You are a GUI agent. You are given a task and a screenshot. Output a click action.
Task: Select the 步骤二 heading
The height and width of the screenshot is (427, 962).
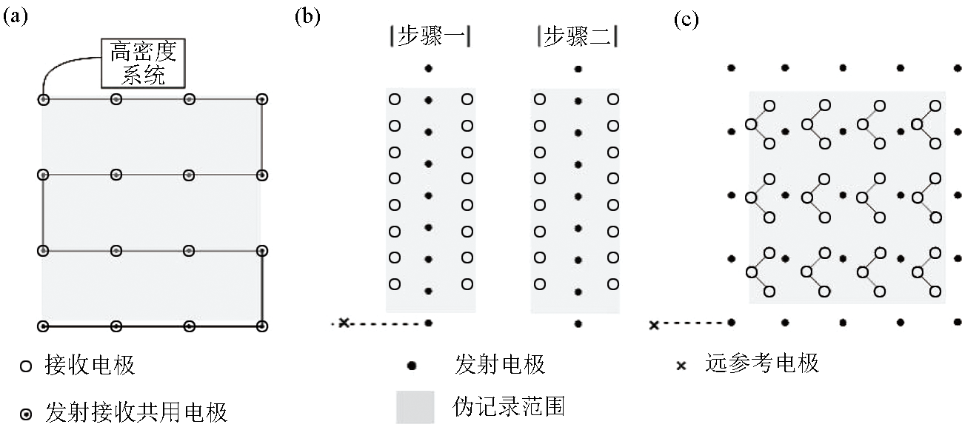click(x=577, y=37)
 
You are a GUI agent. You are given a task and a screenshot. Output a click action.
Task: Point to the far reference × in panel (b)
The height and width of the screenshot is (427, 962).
click(x=344, y=322)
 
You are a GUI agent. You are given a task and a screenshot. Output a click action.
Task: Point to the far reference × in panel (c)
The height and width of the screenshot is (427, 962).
click(x=654, y=325)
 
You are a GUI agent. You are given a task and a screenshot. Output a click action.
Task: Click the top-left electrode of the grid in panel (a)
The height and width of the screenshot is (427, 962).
click(x=43, y=99)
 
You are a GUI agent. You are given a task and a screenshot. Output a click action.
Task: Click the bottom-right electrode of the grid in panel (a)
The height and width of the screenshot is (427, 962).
click(x=261, y=326)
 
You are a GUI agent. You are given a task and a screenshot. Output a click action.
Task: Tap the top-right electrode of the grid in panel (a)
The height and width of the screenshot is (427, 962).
click(x=261, y=99)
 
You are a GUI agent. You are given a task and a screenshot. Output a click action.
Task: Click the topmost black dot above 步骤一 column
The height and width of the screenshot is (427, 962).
click(x=428, y=69)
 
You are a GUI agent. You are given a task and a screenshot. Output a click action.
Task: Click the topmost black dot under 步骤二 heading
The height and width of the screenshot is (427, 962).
click(x=578, y=69)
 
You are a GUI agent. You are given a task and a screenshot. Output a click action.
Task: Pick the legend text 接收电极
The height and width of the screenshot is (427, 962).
click(x=90, y=365)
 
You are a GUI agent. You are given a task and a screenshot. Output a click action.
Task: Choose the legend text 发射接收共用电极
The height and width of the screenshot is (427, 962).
click(x=136, y=411)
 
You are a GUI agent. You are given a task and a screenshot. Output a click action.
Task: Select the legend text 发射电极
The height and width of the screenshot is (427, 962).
click(x=501, y=364)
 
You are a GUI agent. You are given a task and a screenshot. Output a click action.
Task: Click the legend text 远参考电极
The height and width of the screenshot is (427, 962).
click(x=762, y=363)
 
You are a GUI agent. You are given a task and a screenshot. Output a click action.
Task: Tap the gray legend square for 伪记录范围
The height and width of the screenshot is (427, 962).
click(x=415, y=406)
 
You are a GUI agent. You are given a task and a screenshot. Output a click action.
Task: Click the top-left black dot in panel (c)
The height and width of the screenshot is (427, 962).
click(x=731, y=68)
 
